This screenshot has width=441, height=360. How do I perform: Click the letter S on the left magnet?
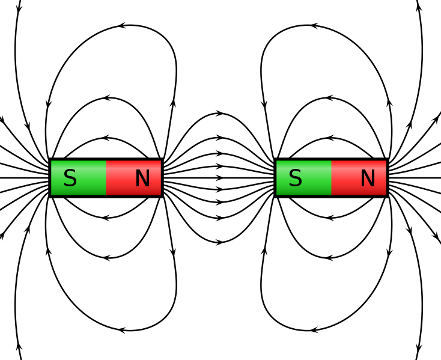tap(70, 178)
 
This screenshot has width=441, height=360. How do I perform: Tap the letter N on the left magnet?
tap(142, 178)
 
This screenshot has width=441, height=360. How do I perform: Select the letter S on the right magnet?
tap(294, 178)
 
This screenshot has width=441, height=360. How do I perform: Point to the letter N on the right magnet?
tap(368, 178)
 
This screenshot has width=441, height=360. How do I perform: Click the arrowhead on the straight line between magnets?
tap(220, 178)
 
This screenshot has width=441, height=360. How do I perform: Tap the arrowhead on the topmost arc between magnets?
tap(220, 113)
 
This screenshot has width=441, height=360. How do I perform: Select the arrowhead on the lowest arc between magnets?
tap(220, 242)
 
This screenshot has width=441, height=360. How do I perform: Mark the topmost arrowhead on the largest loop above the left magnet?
tap(123, 26)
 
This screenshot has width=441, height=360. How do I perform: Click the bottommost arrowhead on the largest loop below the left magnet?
tap(123, 330)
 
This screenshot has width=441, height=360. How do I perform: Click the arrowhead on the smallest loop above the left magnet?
tap(106, 138)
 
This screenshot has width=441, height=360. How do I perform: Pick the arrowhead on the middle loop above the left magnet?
tap(106, 97)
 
